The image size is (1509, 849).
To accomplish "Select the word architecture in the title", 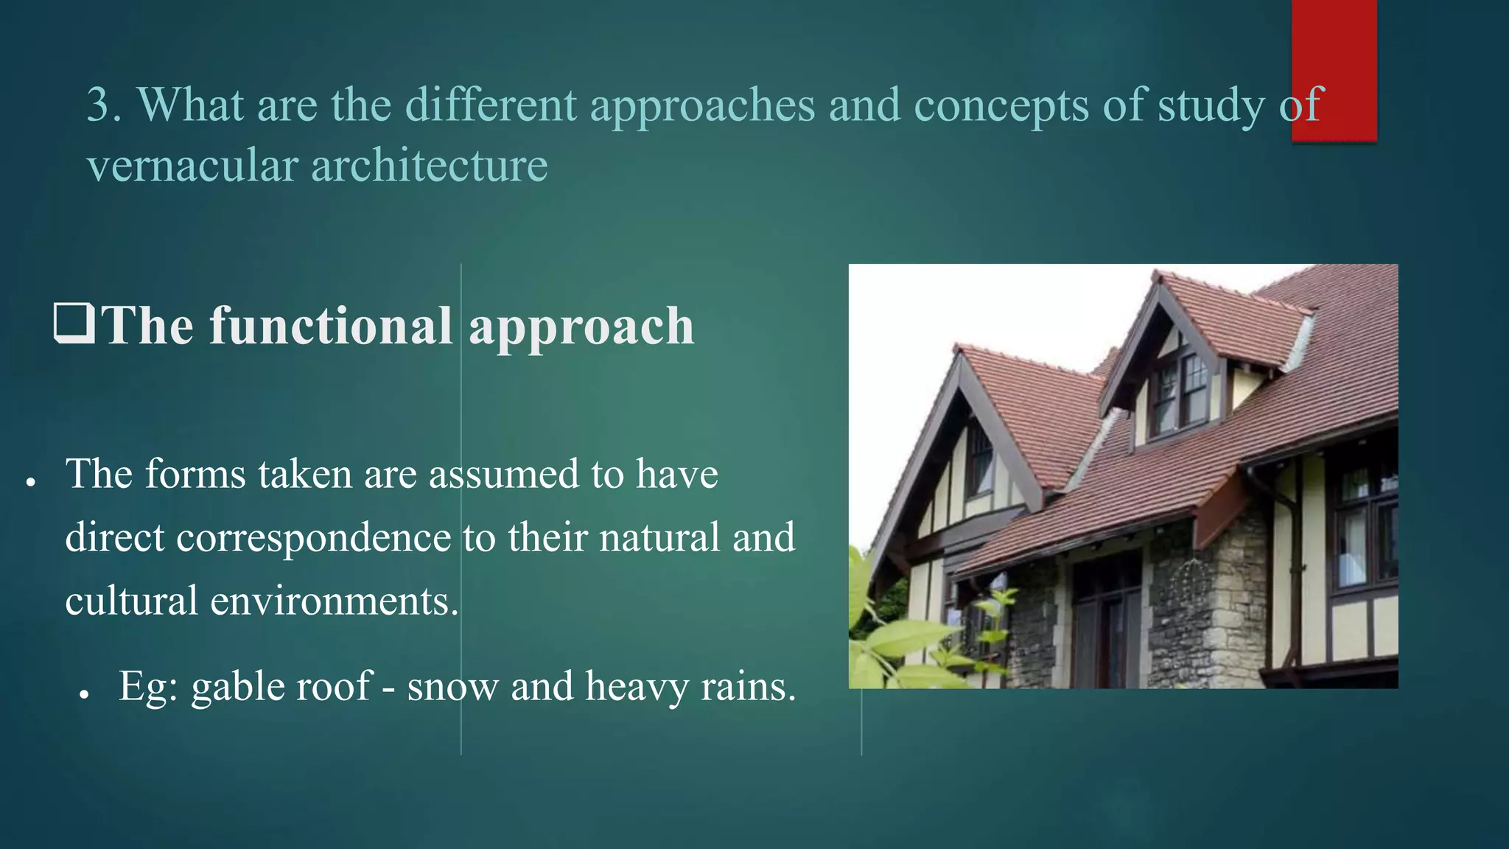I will coord(430,165).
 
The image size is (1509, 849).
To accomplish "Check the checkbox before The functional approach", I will coord(74,324).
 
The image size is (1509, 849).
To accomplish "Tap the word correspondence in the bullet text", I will coord(313,537).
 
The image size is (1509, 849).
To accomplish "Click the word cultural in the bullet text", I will coord(131,601).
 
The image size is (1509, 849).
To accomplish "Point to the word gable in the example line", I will coord(234,686).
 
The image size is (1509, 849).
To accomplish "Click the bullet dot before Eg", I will coord(85,695).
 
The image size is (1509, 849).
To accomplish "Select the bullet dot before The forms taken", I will coord(30,483).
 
